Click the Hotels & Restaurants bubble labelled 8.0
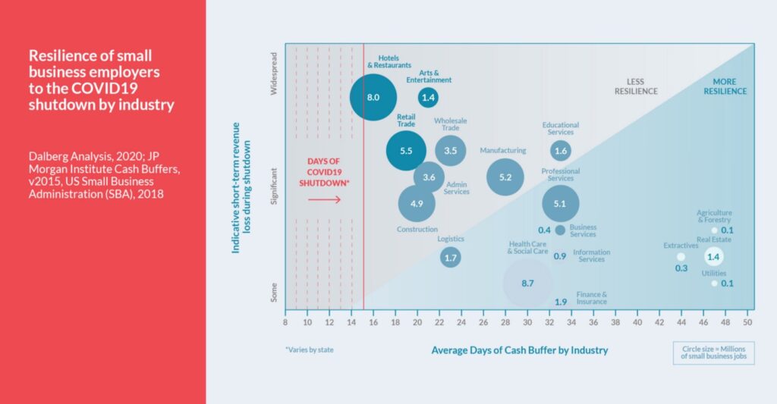coord(373,97)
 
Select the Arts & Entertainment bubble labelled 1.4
coord(428,97)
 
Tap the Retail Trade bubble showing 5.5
coord(406,151)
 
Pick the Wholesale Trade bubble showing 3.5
coord(451,150)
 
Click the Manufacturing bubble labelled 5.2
coord(505,177)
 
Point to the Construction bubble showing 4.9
coord(417,203)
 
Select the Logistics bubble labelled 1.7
coord(451,258)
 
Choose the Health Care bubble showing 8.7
coord(528,283)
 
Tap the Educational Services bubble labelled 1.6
coord(561,151)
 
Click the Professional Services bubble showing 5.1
coord(561,203)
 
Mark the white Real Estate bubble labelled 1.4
coord(713,257)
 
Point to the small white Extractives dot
coord(681,257)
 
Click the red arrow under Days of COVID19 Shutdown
coord(324,200)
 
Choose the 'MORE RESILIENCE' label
coord(729,86)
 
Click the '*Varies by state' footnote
coord(309,350)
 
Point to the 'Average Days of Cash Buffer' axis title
coord(520,350)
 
